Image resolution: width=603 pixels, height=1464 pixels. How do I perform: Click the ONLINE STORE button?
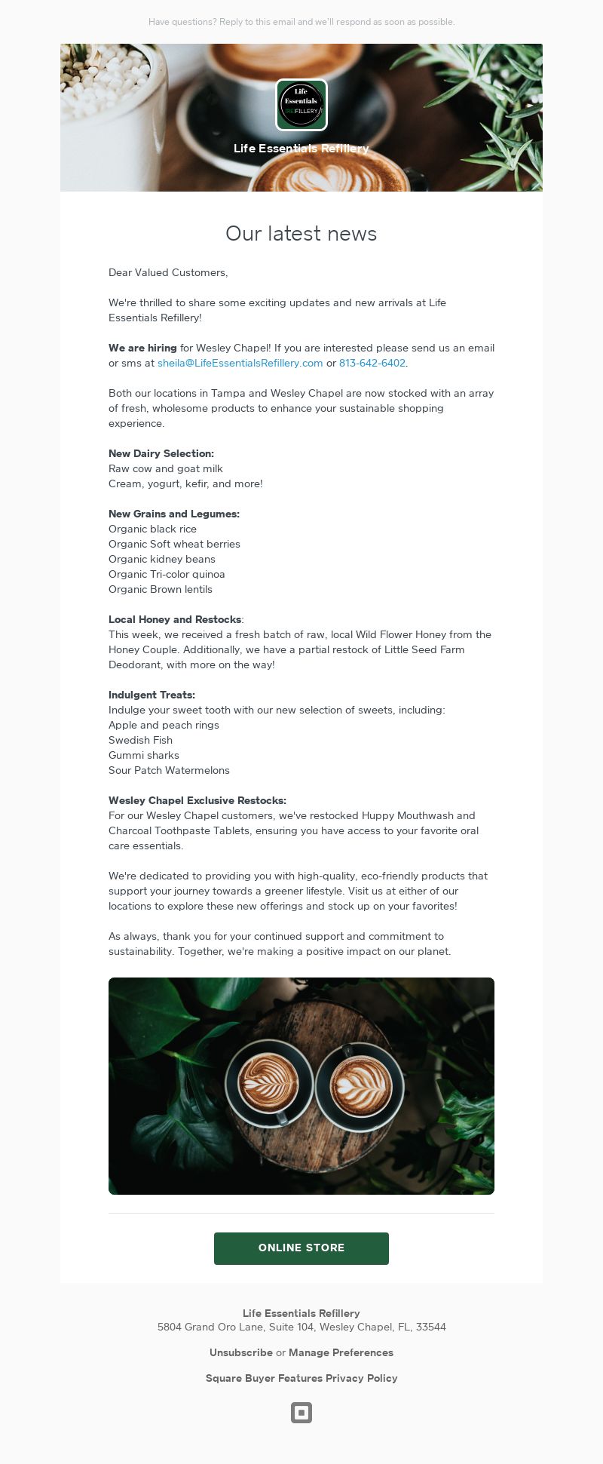[301, 1248]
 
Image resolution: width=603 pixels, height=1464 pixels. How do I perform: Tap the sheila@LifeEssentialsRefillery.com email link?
[240, 363]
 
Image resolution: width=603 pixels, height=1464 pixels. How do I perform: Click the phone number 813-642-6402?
[372, 363]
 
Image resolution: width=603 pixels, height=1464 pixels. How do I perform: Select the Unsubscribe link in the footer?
[240, 1352]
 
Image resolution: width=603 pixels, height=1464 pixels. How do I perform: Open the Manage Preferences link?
[341, 1352]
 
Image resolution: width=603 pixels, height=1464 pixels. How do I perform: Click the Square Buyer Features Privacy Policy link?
[301, 1378]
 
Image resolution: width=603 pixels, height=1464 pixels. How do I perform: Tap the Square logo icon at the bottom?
[301, 1413]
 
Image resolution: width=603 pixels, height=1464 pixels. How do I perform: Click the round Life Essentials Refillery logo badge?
[301, 105]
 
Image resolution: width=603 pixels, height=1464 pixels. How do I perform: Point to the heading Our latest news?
[301, 234]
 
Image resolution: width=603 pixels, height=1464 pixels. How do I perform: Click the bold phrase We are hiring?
[142, 348]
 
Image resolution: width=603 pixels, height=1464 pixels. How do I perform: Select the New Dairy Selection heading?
[161, 453]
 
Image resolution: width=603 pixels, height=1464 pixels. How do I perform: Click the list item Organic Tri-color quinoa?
[167, 574]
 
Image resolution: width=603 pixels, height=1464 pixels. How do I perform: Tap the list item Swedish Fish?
[140, 740]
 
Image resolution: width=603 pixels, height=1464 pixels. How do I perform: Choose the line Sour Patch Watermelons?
[169, 770]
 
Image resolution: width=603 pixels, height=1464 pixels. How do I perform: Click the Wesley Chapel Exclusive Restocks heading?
[197, 800]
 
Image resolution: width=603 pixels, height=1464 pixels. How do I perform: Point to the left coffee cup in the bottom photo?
[269, 1083]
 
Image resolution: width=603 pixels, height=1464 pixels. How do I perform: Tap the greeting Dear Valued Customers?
[168, 272]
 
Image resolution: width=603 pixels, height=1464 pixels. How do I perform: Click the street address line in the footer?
[301, 1327]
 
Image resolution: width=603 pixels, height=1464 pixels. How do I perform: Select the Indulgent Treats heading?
[152, 695]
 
